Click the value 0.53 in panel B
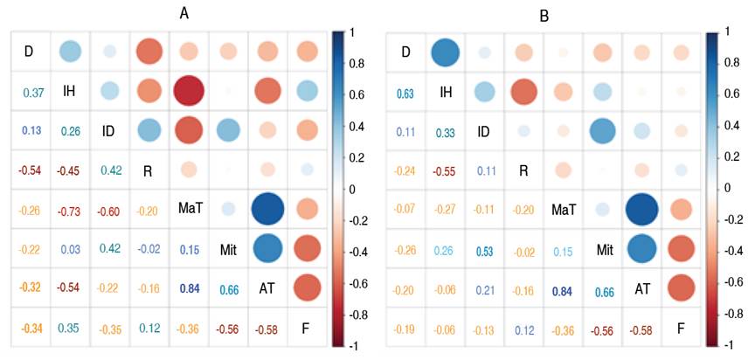pyautogui.click(x=483, y=252)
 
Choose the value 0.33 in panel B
pyautogui.click(x=445, y=133)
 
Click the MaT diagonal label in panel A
pyautogui.click(x=187, y=211)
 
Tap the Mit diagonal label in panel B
pyautogui.click(x=601, y=250)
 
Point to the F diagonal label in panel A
pyautogui.click(x=305, y=329)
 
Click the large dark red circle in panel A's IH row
pyautogui.click(x=187, y=91)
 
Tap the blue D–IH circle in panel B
pyautogui.click(x=445, y=53)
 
